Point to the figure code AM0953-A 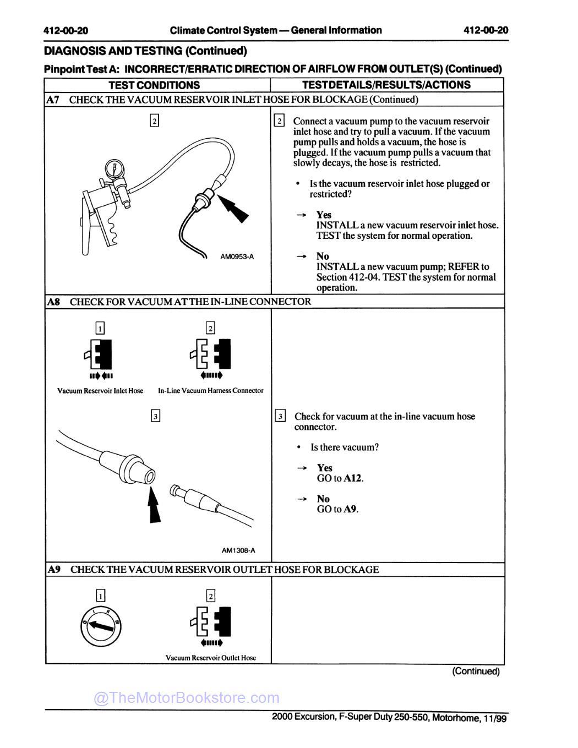237,256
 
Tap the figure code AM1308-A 238,550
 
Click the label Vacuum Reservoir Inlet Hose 100,391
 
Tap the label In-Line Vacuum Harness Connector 210,391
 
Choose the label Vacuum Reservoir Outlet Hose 210,658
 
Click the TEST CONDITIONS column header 154,85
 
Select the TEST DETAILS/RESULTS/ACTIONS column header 386,85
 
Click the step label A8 53,302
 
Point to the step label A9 53,570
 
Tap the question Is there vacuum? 345,447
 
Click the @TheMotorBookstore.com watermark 187,698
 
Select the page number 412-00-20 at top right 486,30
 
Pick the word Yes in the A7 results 324,215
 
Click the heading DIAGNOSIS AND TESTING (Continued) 145,51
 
